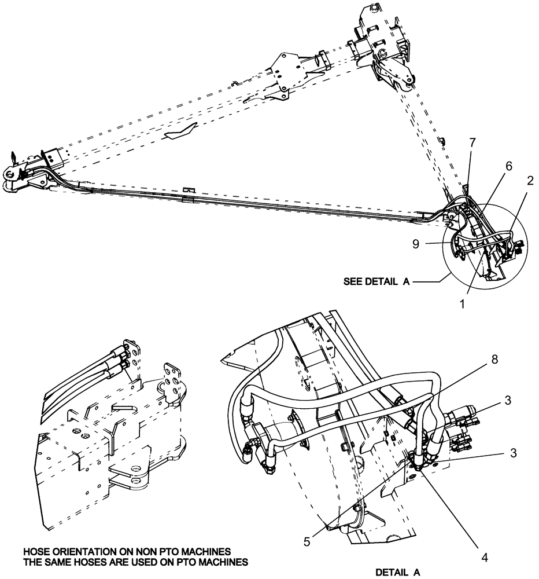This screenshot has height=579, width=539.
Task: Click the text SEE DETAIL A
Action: (x=376, y=282)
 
